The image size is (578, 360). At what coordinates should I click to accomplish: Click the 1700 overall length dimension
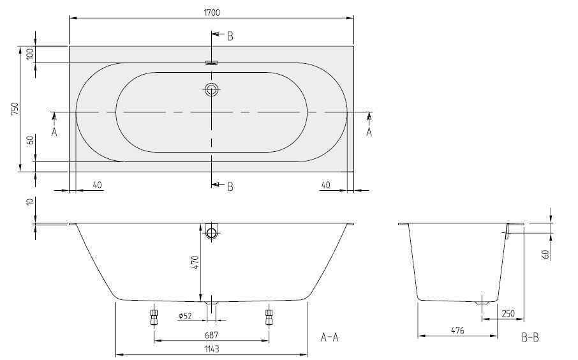click(212, 12)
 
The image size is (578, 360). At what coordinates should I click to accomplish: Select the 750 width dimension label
click(15, 109)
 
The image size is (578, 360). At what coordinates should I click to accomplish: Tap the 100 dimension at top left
click(31, 54)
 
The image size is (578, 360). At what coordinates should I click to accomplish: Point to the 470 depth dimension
click(195, 262)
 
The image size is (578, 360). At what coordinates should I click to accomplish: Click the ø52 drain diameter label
click(185, 316)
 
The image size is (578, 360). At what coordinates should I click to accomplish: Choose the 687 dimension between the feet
click(211, 335)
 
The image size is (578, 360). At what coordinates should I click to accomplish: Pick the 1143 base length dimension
click(211, 349)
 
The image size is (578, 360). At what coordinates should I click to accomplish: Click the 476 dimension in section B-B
click(457, 331)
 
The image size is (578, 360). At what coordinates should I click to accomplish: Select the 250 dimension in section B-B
click(508, 313)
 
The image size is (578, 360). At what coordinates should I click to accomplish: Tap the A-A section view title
click(330, 337)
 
